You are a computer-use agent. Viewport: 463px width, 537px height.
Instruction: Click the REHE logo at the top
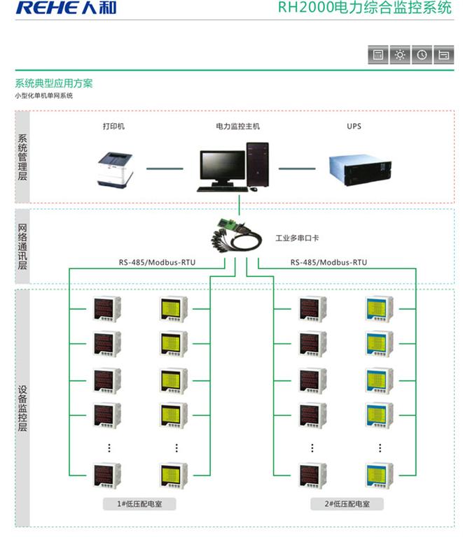(x=66, y=8)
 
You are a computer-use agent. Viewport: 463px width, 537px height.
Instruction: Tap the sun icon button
(x=400, y=55)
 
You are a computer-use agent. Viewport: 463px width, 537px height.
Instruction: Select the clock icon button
(x=422, y=55)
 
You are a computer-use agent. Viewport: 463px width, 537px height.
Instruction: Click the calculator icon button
(x=378, y=55)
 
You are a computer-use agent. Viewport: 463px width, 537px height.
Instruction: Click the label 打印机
(x=114, y=127)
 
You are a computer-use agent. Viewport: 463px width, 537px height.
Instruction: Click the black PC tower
(x=257, y=165)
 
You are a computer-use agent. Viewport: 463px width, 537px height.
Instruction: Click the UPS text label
(x=354, y=127)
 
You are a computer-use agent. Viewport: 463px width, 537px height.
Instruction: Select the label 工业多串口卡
(x=297, y=238)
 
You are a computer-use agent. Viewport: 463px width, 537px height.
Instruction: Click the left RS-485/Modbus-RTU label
(x=157, y=262)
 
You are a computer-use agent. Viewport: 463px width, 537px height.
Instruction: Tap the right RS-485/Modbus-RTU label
(x=329, y=262)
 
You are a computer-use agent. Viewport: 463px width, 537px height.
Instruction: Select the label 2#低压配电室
(x=342, y=503)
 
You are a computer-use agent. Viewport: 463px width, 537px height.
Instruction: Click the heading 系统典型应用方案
(x=54, y=83)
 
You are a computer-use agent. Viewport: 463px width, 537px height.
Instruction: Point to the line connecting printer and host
(x=165, y=169)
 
